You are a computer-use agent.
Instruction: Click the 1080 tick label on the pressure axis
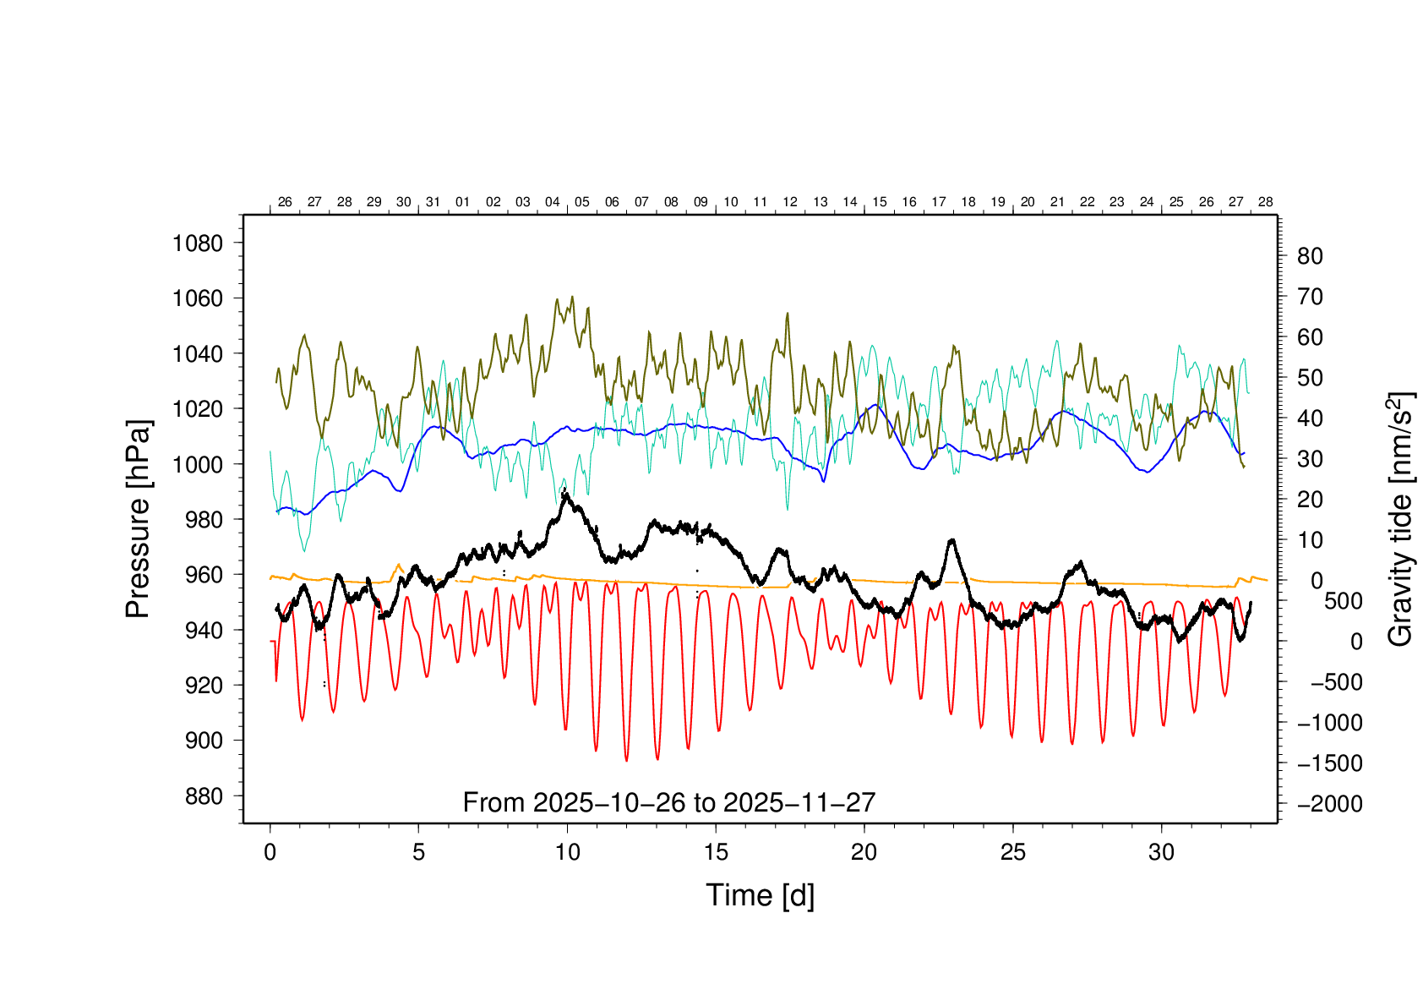pyautogui.click(x=198, y=243)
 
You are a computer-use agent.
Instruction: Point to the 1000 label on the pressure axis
pyautogui.click(x=198, y=464)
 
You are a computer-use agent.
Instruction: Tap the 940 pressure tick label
pyautogui.click(x=204, y=630)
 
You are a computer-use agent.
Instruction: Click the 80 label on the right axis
pyautogui.click(x=1309, y=256)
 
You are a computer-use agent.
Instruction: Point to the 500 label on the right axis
pyautogui.click(x=1343, y=601)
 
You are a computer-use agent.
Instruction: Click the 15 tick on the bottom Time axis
pyautogui.click(x=716, y=852)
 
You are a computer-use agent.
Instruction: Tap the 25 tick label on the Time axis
pyautogui.click(x=1013, y=852)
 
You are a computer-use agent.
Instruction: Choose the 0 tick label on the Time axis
pyautogui.click(x=270, y=852)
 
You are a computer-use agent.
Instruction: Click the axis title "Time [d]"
pyautogui.click(x=760, y=895)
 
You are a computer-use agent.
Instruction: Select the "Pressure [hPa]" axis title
pyautogui.click(x=138, y=519)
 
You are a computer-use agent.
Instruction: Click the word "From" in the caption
pyautogui.click(x=494, y=802)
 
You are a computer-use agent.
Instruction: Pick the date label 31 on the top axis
pyautogui.click(x=433, y=202)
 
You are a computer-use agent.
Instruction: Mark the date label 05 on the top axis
pyautogui.click(x=581, y=202)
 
